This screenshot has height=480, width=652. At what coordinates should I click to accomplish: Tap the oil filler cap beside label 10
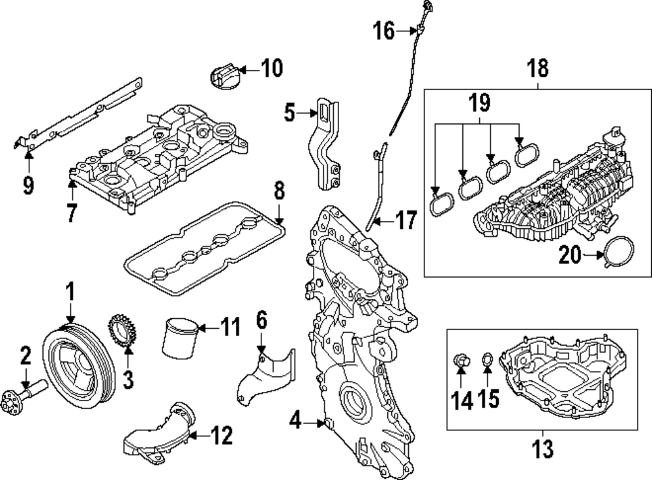(222, 75)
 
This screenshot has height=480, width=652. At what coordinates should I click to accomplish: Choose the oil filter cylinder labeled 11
(178, 338)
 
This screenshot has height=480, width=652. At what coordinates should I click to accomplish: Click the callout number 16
(384, 30)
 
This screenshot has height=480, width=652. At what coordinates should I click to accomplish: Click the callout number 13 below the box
(542, 448)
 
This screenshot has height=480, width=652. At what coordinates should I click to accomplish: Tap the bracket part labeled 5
(325, 143)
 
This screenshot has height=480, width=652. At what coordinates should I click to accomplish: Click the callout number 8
(278, 191)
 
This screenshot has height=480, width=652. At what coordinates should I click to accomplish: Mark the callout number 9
(27, 185)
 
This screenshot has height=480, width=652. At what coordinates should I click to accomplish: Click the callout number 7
(72, 213)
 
